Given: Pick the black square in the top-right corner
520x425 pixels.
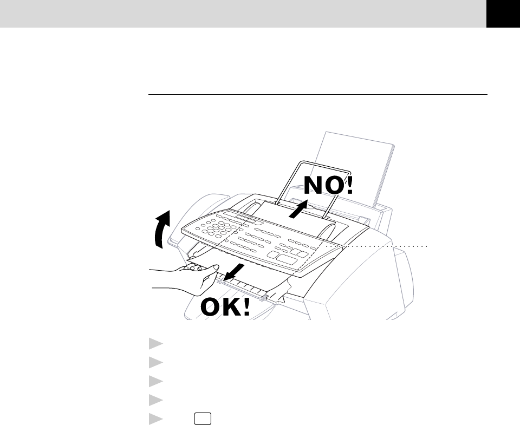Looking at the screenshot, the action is point(503,14).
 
